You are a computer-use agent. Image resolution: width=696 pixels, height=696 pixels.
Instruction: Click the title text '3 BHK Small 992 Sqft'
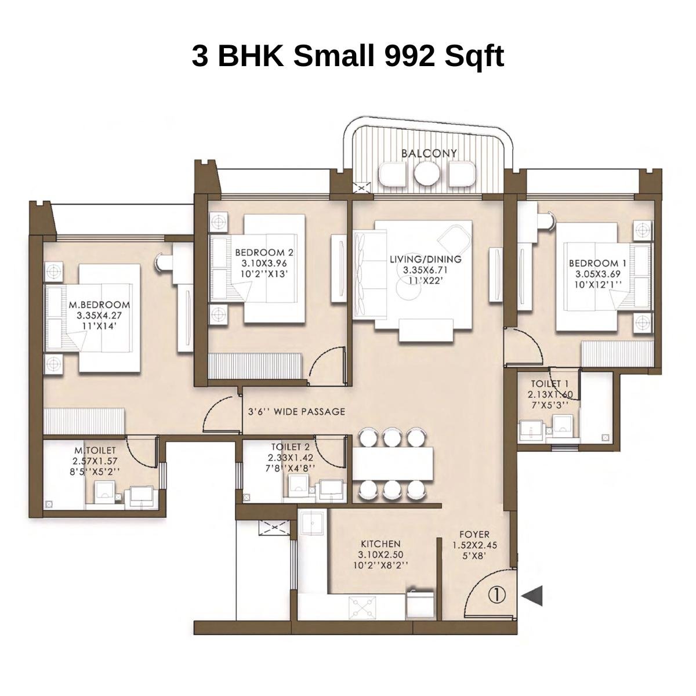tap(347, 56)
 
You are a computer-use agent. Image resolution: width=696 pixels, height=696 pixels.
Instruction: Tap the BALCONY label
tap(429, 153)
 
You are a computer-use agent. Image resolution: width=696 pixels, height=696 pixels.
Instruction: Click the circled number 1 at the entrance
tap(498, 594)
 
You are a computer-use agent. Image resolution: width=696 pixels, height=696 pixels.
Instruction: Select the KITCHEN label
tap(380, 544)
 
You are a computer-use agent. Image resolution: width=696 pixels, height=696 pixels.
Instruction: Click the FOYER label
tap(474, 534)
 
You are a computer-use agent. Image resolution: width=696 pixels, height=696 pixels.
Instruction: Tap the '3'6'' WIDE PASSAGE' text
tap(296, 412)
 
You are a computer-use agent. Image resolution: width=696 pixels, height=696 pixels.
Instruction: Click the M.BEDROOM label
tap(99, 304)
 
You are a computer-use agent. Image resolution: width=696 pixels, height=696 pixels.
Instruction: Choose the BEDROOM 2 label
tap(264, 252)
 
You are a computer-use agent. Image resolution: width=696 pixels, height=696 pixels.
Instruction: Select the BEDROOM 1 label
tap(597, 263)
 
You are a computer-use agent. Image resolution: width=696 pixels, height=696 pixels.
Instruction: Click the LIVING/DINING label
tap(425, 259)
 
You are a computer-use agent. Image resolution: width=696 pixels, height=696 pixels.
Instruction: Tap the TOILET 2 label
tap(290, 447)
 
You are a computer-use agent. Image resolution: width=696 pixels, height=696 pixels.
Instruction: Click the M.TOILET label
tap(95, 450)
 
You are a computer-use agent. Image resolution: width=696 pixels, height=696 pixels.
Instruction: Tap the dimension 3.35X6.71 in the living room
tap(425, 270)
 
